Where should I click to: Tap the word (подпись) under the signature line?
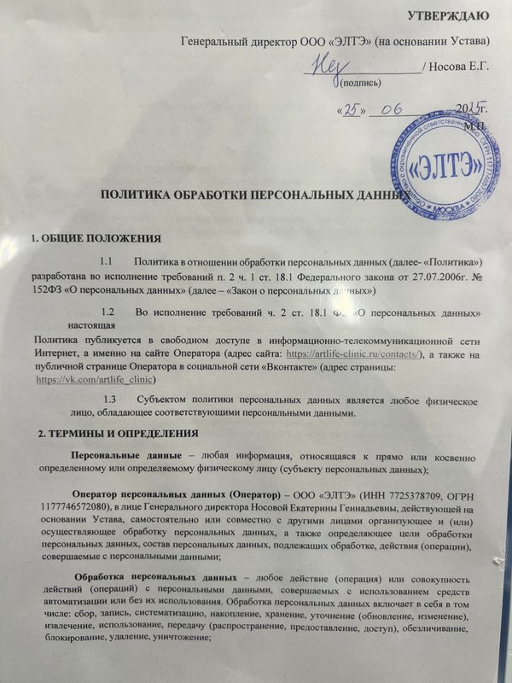[359, 83]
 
